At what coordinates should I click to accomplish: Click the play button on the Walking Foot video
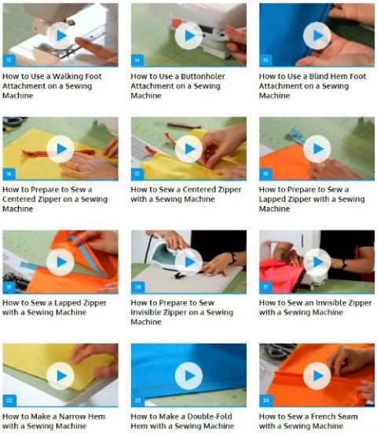[60, 35]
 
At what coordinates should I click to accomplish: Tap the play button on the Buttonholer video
[189, 35]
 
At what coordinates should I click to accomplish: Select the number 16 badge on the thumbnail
[9, 173]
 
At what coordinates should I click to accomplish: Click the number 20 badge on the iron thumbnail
[137, 287]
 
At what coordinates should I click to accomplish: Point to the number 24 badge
[265, 400]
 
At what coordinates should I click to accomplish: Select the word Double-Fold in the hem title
[209, 417]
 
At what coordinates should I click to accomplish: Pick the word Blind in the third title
[318, 76]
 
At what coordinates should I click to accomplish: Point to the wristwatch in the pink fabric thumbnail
[344, 264]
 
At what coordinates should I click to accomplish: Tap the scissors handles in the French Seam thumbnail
[277, 350]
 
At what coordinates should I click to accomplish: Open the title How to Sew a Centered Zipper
[186, 194]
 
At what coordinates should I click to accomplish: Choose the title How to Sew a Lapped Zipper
[54, 307]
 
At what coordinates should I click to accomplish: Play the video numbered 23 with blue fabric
[189, 376]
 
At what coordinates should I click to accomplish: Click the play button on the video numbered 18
[317, 149]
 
